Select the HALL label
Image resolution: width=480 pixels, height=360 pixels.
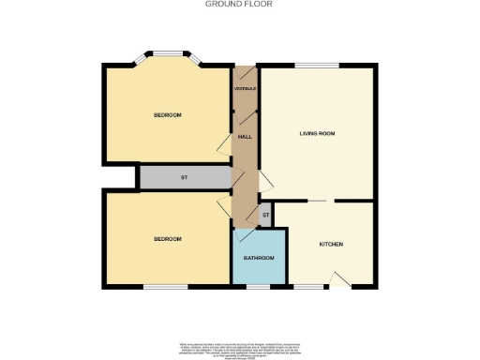(245, 137)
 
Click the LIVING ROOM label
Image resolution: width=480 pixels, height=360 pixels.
(317, 134)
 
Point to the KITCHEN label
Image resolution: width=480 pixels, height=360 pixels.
(331, 244)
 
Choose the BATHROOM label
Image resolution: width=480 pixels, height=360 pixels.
(259, 258)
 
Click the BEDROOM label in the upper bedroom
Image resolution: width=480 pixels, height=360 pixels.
(167, 115)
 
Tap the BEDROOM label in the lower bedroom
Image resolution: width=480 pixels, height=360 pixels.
(167, 239)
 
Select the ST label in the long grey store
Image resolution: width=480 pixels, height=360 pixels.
(184, 177)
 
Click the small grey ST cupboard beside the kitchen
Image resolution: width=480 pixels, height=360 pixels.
(265, 216)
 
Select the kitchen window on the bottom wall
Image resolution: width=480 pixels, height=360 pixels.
(306, 286)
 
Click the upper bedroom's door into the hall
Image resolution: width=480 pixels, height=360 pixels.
(225, 142)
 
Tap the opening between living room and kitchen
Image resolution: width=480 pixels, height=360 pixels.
(320, 201)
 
